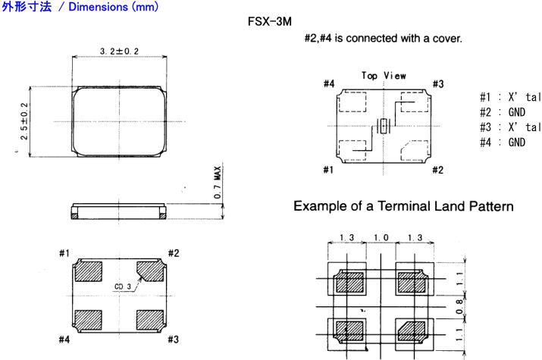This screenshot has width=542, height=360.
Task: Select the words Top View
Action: [383, 76]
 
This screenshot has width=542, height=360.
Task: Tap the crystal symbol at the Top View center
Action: [384, 127]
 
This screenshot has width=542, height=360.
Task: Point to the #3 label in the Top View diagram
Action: [437, 83]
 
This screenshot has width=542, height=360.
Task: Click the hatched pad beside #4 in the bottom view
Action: [88, 318]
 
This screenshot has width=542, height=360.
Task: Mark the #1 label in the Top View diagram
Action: [328, 170]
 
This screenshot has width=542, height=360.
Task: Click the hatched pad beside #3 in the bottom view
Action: [149, 318]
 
